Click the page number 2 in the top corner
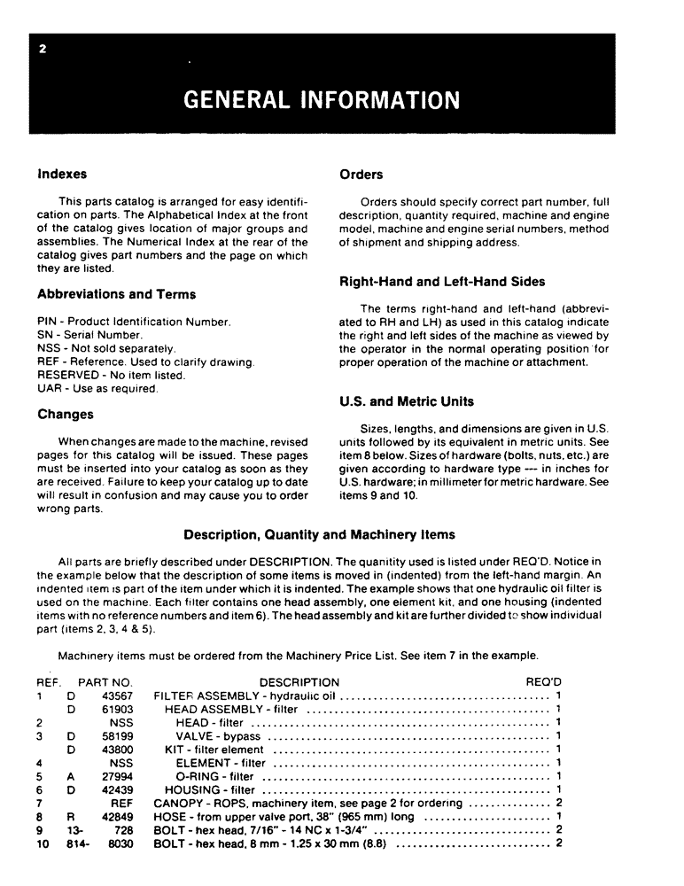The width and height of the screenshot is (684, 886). pos(42,49)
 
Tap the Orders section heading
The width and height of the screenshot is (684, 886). pos(361,175)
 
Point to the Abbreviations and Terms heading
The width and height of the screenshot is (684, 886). pos(117,294)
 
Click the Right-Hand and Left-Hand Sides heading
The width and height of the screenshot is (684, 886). pos(442,282)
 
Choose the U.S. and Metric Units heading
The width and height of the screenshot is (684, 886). pos(407,401)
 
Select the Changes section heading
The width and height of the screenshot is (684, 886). pos(66,414)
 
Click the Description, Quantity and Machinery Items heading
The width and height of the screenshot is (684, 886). pos(319,534)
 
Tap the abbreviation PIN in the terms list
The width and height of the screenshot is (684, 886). pos(47,322)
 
